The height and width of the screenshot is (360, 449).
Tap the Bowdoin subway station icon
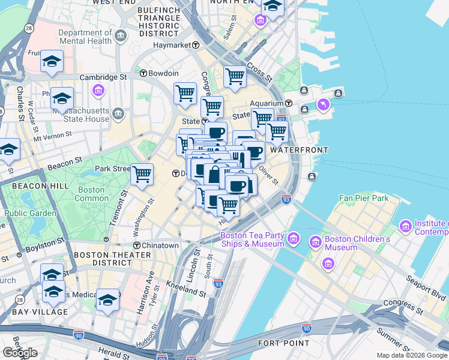point(143,73)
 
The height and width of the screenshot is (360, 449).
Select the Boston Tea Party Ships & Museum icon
point(294,239)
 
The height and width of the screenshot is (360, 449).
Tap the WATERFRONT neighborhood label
point(298,149)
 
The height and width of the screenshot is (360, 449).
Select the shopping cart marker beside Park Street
point(142,175)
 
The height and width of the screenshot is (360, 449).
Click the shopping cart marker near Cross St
point(235,77)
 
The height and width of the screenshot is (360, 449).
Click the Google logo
point(20,353)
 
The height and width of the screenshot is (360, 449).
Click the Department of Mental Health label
point(85,37)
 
